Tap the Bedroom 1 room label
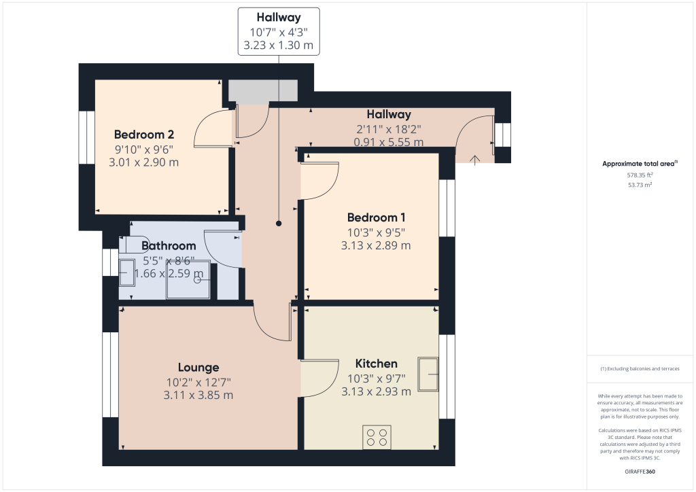click(376, 217)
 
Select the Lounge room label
click(198, 368)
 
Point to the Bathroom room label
click(169, 245)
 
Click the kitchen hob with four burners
click(377, 436)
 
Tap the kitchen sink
click(428, 374)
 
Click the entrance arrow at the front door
click(474, 158)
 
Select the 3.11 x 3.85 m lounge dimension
click(198, 395)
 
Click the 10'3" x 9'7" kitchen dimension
click(376, 378)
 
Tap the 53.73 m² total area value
click(640, 184)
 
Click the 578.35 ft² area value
click(640, 175)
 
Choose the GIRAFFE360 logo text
click(640, 471)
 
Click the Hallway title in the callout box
click(279, 18)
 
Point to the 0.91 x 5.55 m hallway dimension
click(389, 142)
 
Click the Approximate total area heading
click(640, 163)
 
